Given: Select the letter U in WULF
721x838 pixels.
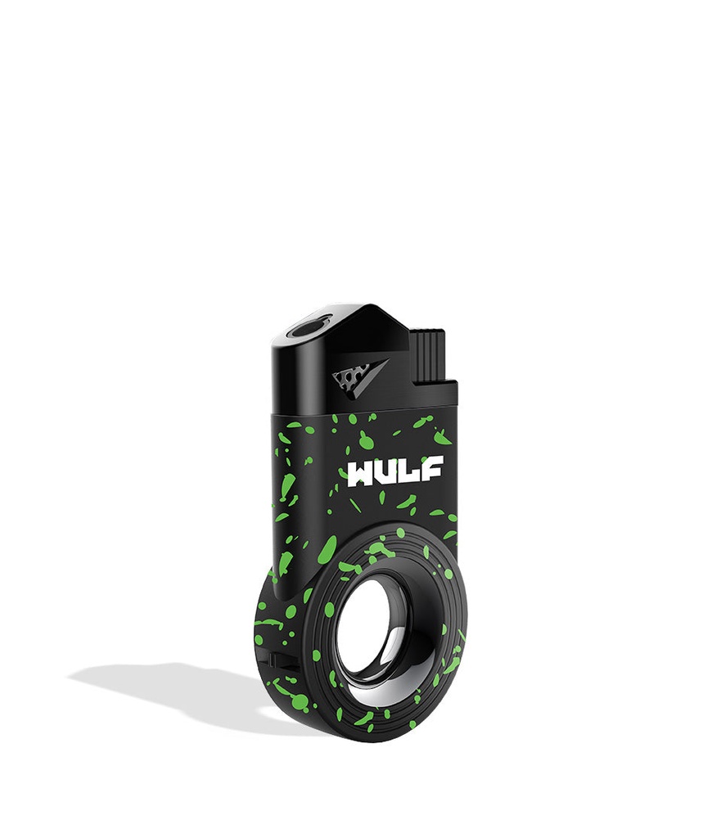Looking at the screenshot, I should coord(388,471).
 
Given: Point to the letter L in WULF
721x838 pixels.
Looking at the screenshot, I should coord(410,471).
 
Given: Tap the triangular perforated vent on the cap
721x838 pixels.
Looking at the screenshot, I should coord(349,377).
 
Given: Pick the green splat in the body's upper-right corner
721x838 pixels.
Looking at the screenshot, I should coord(442,438).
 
